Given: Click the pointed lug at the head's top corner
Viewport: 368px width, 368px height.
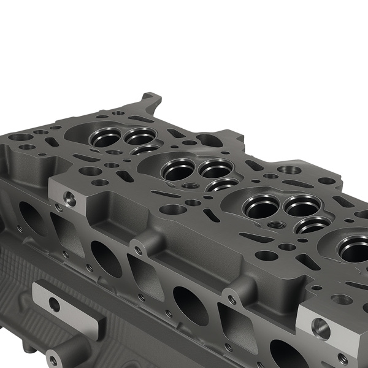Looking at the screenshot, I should coord(149,99).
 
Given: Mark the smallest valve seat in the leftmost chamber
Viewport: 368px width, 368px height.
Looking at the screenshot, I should coord(145,150).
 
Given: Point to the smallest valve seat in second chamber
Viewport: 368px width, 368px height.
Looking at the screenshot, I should coord(222,185).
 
